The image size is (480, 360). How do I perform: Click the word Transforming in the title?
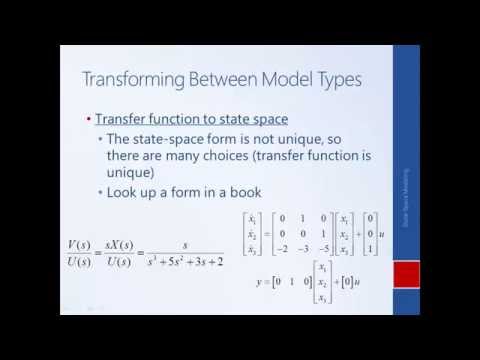coord(139,79)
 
